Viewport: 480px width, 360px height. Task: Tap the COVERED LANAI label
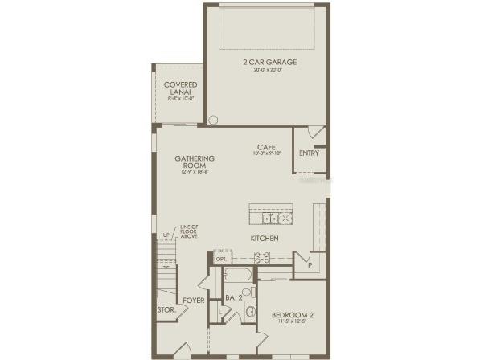point(181,88)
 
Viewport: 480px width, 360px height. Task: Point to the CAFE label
point(267,147)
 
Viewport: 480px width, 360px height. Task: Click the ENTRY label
point(309,153)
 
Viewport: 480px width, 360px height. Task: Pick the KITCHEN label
point(264,239)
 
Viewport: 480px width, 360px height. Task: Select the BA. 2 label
point(234,297)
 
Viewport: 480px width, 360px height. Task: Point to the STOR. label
point(166,309)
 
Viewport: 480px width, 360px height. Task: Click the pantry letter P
point(309,264)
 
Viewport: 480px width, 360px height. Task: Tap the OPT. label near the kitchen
point(222,259)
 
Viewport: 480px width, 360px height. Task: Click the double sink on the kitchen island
point(271,217)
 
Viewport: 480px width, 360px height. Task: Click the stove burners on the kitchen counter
point(262,258)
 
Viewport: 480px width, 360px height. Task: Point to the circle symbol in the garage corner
point(213,121)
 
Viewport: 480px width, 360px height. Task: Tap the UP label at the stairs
point(166,235)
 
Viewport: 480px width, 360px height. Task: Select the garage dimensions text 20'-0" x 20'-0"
point(266,69)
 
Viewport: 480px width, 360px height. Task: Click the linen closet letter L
point(221,310)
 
